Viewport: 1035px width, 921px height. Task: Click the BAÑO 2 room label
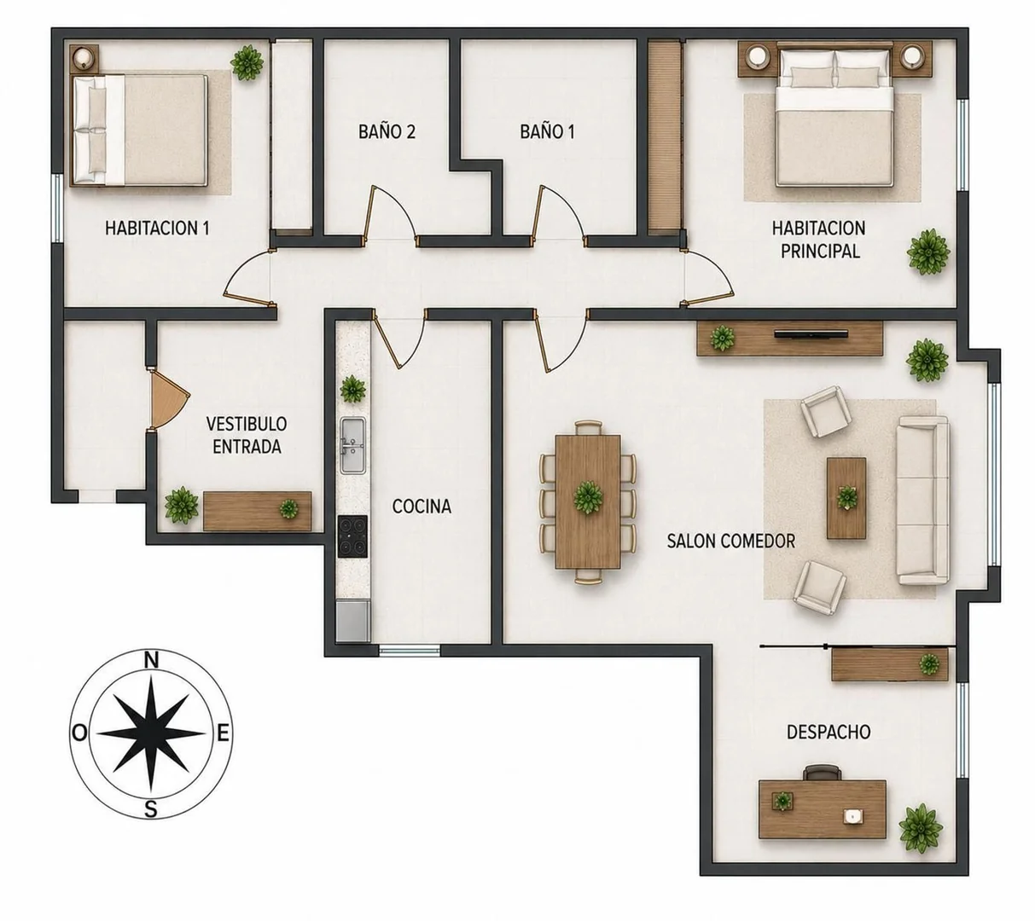387,131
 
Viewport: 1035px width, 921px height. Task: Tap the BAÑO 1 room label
547,131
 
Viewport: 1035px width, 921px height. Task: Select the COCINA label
422,507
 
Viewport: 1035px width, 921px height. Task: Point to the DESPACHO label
829,732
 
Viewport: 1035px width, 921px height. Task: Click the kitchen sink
353,444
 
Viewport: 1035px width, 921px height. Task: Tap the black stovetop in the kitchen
352,536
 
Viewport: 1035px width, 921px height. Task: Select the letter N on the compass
151,660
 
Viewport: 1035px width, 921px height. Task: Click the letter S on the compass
150,809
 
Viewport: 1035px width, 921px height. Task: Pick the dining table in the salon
588,501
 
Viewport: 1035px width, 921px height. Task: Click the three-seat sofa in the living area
922,501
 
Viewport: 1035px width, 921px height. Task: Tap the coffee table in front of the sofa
846,498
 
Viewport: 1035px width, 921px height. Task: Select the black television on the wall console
811,334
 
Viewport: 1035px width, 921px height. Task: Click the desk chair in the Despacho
822,773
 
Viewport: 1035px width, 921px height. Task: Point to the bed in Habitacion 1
139,130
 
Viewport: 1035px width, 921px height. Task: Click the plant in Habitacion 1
247,63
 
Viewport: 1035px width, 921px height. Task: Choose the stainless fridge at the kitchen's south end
353,621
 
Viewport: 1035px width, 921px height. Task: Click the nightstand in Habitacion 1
84,57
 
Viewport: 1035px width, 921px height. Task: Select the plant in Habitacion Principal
928,252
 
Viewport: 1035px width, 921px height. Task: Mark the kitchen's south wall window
410,650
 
